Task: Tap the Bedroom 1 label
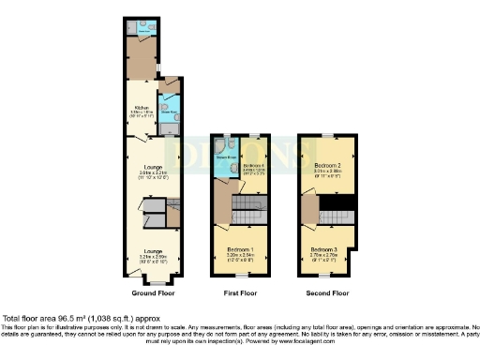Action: click(x=242, y=247)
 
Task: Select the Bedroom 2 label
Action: click(x=326, y=164)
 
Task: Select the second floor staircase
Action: click(x=335, y=217)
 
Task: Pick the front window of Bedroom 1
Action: click(x=240, y=277)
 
